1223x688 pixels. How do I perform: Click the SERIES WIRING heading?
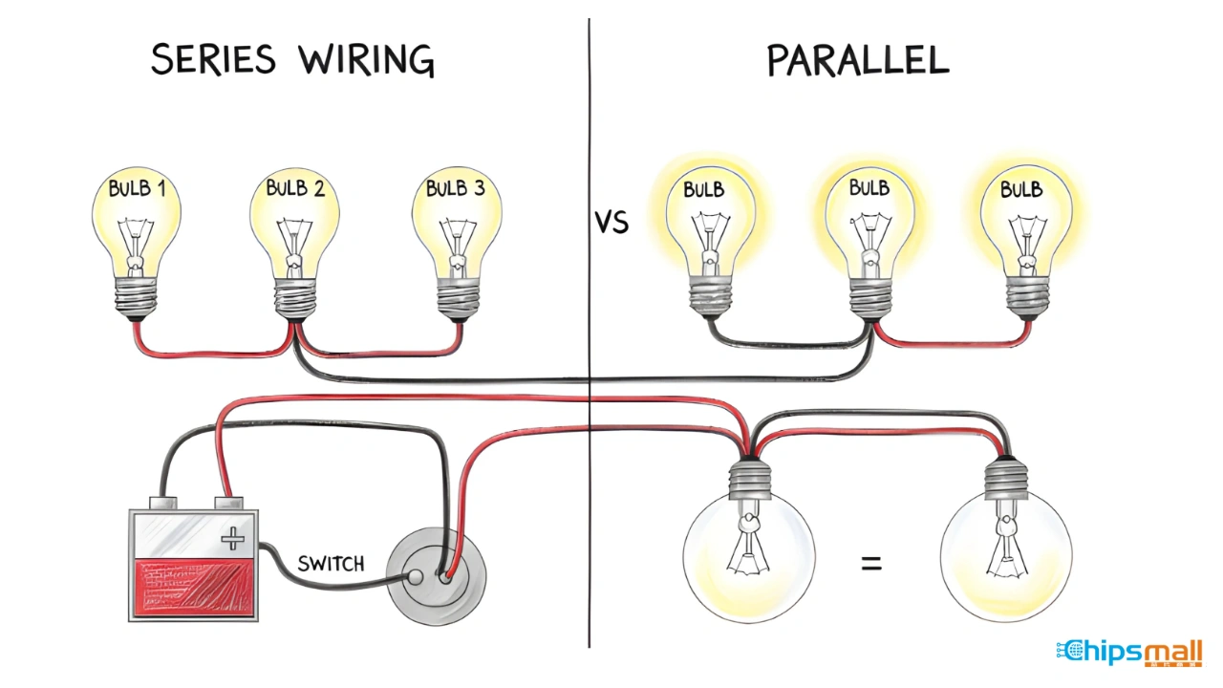pos(292,59)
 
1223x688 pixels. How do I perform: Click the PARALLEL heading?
pos(857,59)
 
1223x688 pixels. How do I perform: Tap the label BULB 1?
pos(137,188)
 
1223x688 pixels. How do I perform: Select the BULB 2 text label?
pos(295,188)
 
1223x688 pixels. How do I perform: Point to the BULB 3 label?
pos(455,188)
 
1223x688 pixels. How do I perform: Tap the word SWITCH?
pos(331,564)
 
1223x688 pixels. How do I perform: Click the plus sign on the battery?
pos(232,540)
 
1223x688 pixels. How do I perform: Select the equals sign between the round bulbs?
pos(871,564)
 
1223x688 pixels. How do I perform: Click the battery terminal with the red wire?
pos(226,501)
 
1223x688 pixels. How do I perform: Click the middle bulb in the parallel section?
pos(869,229)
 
